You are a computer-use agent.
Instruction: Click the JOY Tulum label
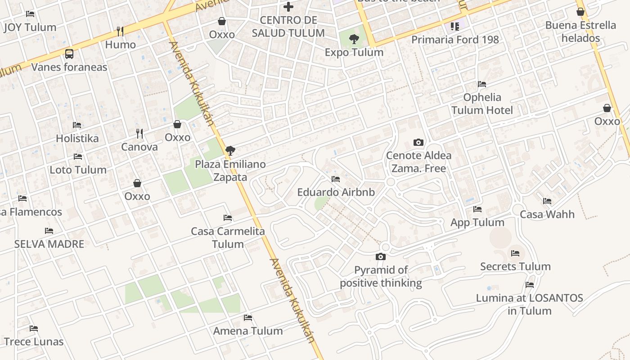(x=30, y=27)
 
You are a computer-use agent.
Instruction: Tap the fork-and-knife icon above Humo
(x=120, y=31)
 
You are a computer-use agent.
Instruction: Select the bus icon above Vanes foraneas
(x=69, y=54)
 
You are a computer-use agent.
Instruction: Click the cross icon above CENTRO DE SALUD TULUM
(x=288, y=7)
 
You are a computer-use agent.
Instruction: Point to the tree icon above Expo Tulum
(x=354, y=39)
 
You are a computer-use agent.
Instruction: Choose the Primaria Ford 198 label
(x=455, y=40)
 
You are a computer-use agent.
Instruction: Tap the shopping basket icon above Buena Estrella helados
(x=580, y=12)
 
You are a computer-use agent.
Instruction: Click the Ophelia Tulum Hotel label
(x=482, y=103)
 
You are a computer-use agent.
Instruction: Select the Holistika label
(x=77, y=138)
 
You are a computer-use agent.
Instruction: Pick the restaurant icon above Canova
(x=139, y=133)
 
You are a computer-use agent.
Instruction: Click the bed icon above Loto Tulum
(x=78, y=157)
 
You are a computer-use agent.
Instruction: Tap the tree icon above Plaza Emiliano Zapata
(x=230, y=151)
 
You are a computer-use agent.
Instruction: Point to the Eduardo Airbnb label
(x=336, y=192)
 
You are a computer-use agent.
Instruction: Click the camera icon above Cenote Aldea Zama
(x=418, y=142)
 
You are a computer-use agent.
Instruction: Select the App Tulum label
(x=477, y=222)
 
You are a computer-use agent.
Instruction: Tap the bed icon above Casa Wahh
(x=547, y=201)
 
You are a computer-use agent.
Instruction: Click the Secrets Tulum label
(x=515, y=266)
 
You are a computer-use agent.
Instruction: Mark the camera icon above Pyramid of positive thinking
(x=381, y=256)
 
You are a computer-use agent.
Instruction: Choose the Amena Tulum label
(x=248, y=331)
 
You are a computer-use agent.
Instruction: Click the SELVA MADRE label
(x=49, y=244)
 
